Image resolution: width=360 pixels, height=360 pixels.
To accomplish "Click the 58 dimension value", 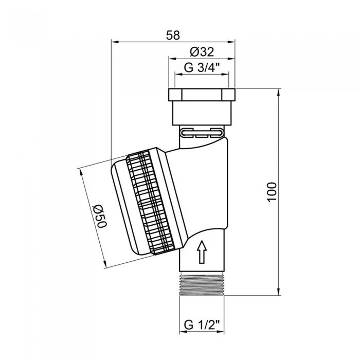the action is point(173,35).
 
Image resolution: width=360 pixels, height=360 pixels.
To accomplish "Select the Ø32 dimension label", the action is point(202,52).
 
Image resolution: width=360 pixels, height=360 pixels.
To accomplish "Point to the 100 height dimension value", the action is point(272,192).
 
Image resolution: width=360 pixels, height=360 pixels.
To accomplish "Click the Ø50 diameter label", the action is point(100,216).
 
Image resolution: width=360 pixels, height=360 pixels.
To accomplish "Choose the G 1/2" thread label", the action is point(202,325).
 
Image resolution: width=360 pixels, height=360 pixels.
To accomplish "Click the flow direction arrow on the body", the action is point(202,251).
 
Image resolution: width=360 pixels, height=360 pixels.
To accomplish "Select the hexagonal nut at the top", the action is point(202,95).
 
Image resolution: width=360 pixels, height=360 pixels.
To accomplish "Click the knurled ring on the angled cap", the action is point(150,202).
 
